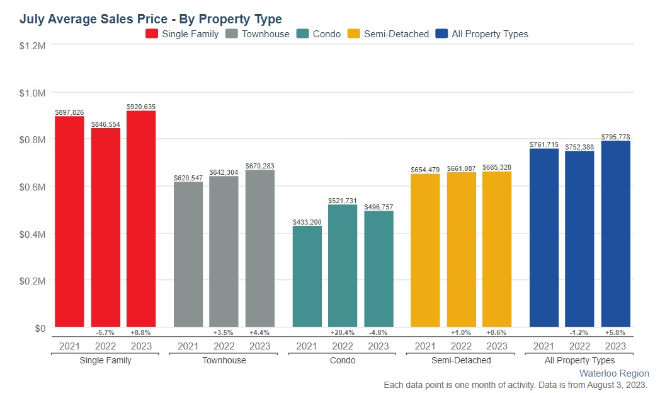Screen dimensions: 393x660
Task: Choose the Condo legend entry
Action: [x=319, y=34]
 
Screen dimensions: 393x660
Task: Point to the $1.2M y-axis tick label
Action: [x=32, y=45]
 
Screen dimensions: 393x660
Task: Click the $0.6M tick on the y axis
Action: [x=32, y=187]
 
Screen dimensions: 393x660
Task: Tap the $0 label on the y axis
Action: [x=39, y=328]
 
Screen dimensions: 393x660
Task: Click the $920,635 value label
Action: [x=141, y=107]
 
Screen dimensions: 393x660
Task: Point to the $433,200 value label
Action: [x=307, y=222]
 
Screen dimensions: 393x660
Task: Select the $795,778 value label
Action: [x=615, y=137]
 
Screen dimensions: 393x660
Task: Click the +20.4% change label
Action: [x=343, y=332]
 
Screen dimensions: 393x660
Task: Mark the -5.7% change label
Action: [x=105, y=332]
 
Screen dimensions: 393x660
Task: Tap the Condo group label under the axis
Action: [x=343, y=360]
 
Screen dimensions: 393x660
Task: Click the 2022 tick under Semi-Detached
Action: [x=461, y=346]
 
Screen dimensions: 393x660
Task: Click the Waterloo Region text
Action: [x=614, y=373]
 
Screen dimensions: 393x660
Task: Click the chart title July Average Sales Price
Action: [x=151, y=19]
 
